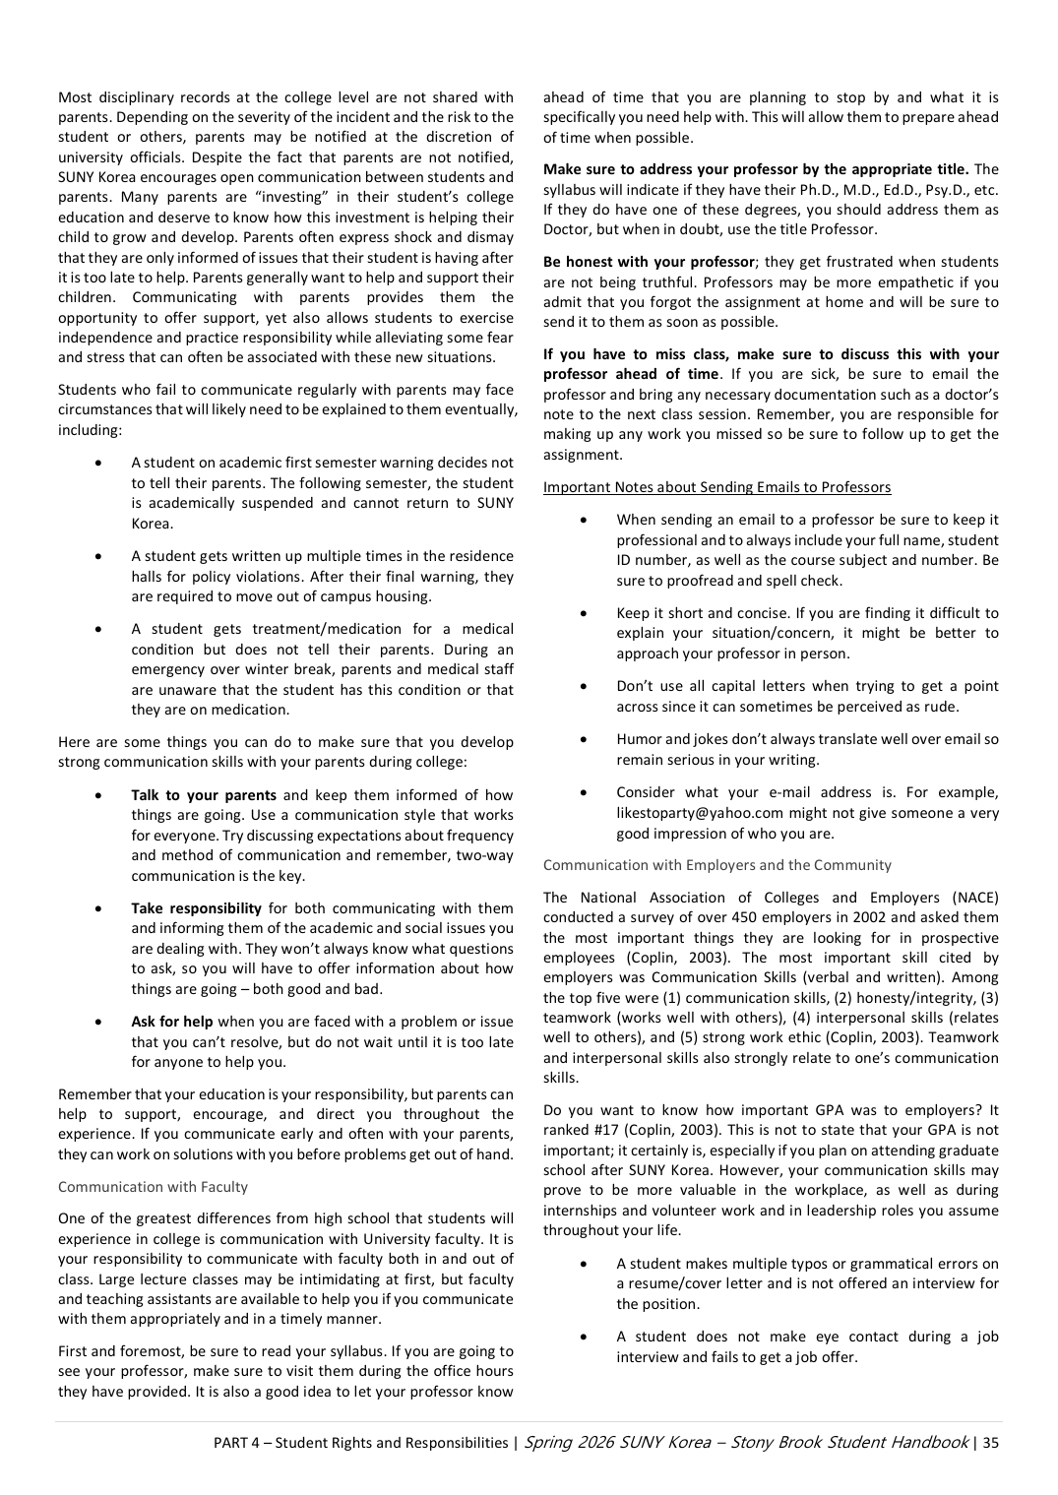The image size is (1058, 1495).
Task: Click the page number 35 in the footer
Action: click(990, 1443)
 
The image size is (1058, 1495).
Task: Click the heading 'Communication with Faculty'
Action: click(153, 1187)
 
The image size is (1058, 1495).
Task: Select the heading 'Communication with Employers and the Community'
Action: click(716, 865)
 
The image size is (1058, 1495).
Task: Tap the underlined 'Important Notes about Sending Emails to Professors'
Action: click(716, 487)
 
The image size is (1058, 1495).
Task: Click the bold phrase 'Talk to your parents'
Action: click(204, 795)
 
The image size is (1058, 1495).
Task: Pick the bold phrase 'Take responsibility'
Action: click(196, 908)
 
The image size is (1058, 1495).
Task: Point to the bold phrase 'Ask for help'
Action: click(172, 1022)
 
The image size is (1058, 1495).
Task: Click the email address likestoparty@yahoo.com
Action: click(700, 813)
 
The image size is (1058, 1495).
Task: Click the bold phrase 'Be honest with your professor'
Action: click(649, 262)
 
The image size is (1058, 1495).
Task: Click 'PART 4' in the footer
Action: click(236, 1443)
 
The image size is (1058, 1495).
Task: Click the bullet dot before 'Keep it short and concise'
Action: click(586, 613)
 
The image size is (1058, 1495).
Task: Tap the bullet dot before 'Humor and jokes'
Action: click(586, 739)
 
